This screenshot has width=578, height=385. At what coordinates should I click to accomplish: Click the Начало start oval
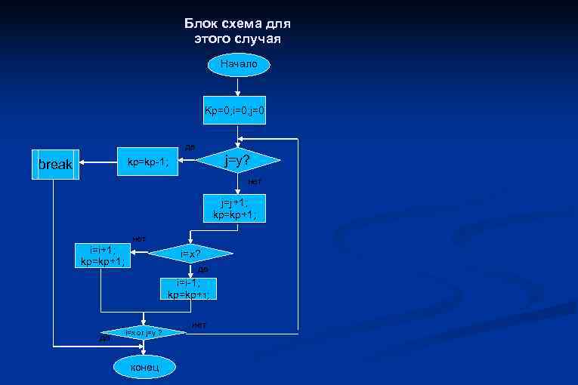tap(238, 65)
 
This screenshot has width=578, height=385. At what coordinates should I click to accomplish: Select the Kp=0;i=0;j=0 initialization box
tap(235, 112)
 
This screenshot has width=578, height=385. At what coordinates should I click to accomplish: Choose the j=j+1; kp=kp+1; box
tap(234, 209)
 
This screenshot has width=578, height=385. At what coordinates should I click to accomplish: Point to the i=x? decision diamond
tap(190, 254)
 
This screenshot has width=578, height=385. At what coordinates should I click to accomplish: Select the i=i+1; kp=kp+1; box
tap(102, 256)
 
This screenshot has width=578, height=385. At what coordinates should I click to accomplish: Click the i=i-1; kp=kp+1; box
tap(189, 288)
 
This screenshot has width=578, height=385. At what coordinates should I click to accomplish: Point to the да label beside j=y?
tap(190, 146)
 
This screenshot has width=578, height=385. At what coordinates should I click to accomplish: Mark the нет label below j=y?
tap(255, 182)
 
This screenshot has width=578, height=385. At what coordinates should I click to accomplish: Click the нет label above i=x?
tap(139, 239)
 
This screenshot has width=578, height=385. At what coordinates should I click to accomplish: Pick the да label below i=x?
tap(202, 269)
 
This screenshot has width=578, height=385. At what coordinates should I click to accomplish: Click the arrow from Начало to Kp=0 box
tap(238, 87)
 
